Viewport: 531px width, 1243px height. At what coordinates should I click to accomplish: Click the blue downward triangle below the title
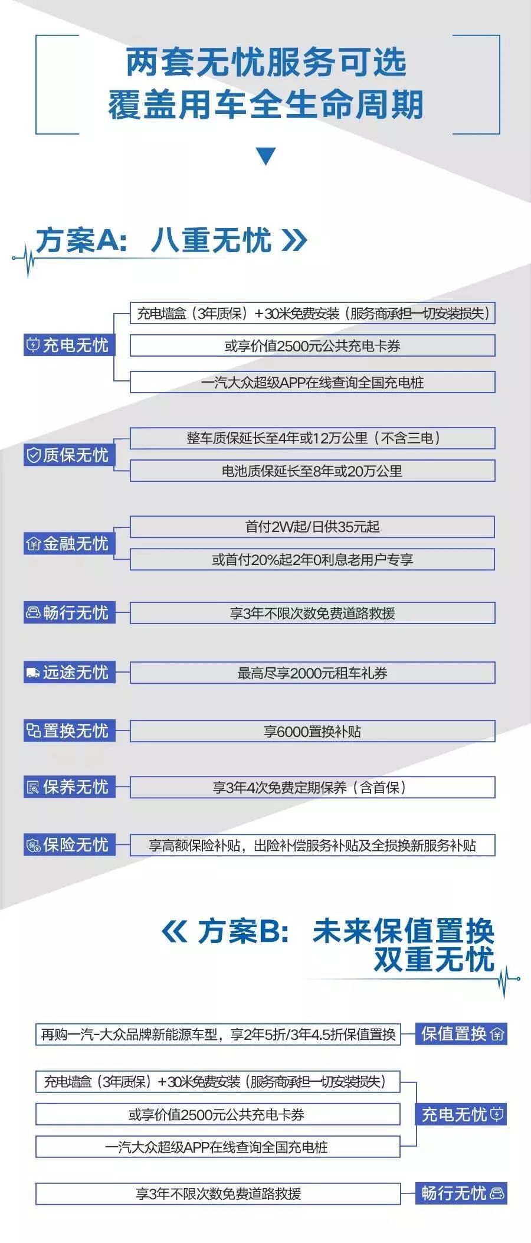[x=265, y=155]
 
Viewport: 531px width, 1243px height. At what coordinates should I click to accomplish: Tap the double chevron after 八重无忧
[x=294, y=240]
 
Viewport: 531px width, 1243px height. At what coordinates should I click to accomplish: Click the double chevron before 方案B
[x=174, y=932]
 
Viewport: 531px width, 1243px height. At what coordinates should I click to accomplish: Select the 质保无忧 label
[x=69, y=455]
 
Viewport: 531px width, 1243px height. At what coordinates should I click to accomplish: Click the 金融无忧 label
[x=69, y=543]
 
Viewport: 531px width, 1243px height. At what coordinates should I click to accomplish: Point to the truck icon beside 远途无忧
[x=32, y=672]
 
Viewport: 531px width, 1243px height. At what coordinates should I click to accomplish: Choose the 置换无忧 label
[x=69, y=730]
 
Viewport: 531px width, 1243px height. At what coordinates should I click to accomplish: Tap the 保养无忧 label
[x=69, y=787]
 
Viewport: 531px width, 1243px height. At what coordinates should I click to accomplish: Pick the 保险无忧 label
[x=69, y=844]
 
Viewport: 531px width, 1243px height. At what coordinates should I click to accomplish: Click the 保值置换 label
[x=461, y=1034]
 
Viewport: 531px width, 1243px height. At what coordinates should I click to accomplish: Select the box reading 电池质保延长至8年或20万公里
[x=312, y=471]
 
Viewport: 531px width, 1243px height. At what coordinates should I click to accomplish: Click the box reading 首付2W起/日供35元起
[x=312, y=527]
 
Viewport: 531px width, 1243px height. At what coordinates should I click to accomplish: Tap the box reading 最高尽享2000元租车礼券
[x=312, y=673]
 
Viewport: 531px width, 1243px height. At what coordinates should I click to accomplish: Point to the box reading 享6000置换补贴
[x=312, y=732]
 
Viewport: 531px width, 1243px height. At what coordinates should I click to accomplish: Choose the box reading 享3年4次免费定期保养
[x=312, y=787]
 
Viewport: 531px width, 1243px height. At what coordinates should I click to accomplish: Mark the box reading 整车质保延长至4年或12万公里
[x=312, y=438]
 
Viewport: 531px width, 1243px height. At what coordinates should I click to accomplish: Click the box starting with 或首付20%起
[x=312, y=559]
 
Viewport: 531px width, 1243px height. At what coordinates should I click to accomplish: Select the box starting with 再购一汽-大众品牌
[x=218, y=1034]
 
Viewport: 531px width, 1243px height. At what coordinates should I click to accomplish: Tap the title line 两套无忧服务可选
[x=265, y=63]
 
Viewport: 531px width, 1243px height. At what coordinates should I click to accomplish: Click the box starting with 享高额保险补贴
[x=312, y=845]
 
